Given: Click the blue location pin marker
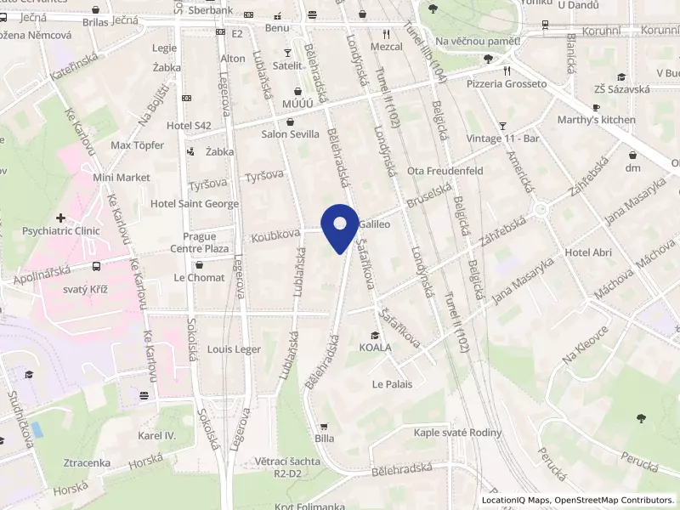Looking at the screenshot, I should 341,226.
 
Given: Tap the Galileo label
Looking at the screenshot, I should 374,225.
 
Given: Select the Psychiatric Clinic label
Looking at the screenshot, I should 61,230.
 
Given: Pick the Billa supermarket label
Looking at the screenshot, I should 324,439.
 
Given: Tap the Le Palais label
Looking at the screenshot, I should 392,384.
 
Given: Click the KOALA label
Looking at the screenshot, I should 375,348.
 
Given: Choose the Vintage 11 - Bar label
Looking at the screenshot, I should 503,139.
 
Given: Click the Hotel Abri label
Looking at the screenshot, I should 588,252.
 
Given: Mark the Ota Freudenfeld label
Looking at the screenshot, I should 445,171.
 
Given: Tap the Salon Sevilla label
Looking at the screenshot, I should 291,134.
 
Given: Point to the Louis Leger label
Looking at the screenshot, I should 234,349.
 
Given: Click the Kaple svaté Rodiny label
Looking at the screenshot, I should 457,433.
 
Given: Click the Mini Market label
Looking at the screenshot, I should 122,178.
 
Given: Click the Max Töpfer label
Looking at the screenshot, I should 137,145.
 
